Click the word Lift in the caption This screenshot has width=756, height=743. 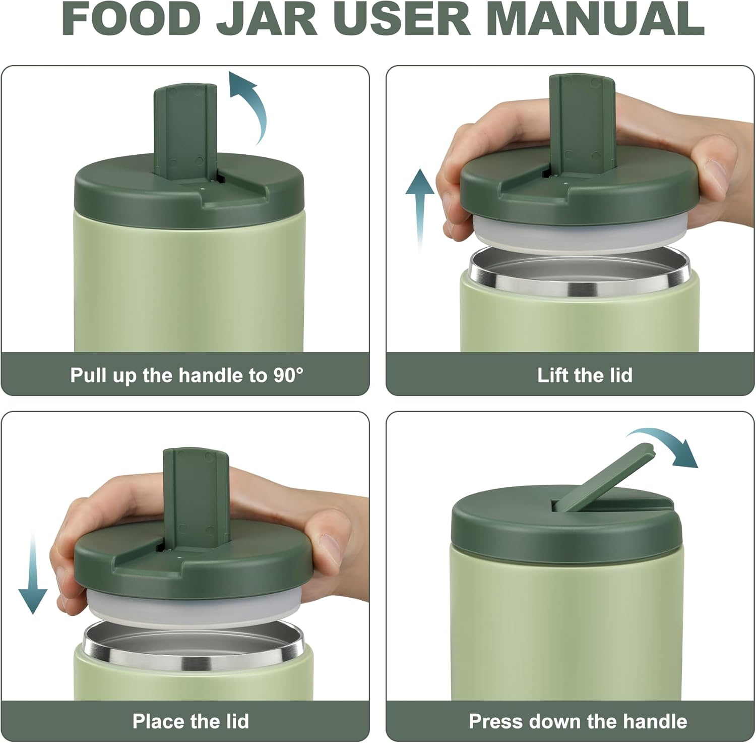[x=552, y=375]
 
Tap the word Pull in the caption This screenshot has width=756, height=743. [x=86, y=375]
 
